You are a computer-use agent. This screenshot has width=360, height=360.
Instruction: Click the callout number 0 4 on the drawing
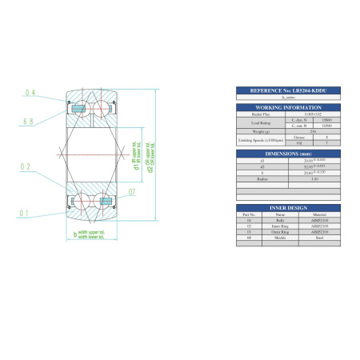pyautogui.click(x=30, y=94)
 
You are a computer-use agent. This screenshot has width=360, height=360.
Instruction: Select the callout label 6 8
pyautogui.click(x=29, y=122)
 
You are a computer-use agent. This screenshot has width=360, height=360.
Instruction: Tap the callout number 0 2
pyautogui.click(x=26, y=167)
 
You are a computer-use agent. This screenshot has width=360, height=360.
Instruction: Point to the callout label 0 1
pyautogui.click(x=26, y=213)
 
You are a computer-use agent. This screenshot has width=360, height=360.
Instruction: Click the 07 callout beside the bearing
pyautogui.click(x=132, y=193)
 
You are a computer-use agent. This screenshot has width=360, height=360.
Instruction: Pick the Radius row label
pyautogui.click(x=258, y=178)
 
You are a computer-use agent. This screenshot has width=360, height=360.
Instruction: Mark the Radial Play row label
pyautogui.click(x=258, y=114)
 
